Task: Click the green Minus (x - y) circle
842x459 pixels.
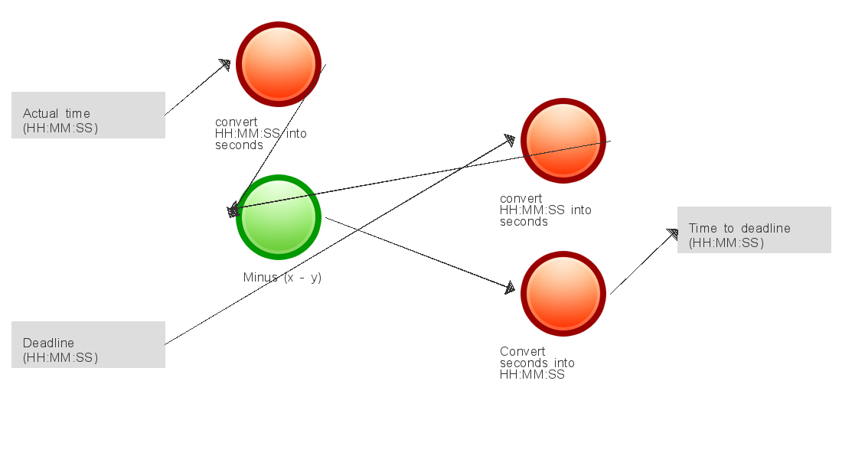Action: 279,217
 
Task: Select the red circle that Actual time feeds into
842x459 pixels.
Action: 279,64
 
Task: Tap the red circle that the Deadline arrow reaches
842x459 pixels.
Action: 563,141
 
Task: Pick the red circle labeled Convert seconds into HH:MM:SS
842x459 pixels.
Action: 563,294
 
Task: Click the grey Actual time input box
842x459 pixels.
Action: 89,115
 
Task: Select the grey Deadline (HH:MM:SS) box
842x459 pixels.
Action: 89,345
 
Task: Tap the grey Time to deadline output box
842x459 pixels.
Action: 754,229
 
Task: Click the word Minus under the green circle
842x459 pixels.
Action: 260,277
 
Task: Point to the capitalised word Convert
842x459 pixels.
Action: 523,351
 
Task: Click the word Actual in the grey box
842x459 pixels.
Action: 41,113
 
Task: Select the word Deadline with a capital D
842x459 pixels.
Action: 48,343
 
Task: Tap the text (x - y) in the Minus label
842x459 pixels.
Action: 303,278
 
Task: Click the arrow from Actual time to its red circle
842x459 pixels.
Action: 197,87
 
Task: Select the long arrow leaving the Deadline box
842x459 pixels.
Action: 340,240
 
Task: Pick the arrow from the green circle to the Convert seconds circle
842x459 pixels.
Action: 420,253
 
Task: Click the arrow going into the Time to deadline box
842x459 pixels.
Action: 645,262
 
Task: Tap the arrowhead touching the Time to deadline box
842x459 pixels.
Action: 672,235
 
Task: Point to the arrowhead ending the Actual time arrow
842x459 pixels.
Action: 224,65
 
